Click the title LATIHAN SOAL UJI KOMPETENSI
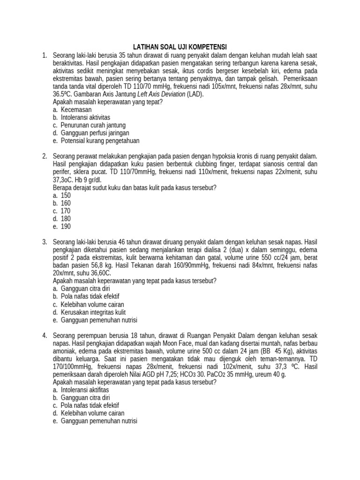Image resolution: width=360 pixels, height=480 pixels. point(180,47)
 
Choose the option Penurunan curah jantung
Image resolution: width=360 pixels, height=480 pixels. point(93,125)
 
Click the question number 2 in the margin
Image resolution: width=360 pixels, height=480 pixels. point(44,156)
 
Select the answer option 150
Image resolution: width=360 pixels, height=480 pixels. point(66,195)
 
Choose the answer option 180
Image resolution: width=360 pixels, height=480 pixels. point(66,219)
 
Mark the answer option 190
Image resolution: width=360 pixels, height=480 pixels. point(66,227)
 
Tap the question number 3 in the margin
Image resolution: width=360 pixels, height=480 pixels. point(44,242)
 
